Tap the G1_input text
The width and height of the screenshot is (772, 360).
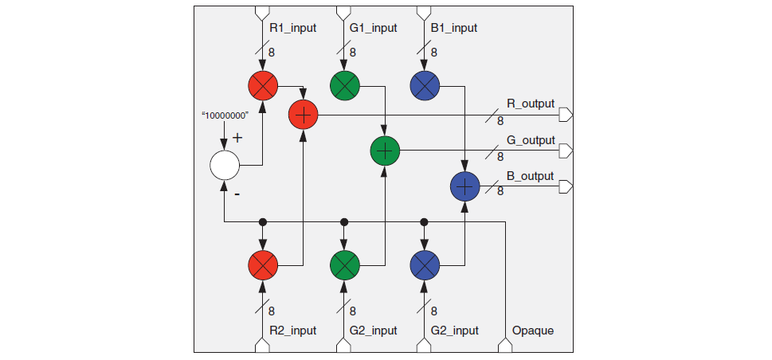(373, 28)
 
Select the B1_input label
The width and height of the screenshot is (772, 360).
(453, 28)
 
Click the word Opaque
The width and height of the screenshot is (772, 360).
(533, 331)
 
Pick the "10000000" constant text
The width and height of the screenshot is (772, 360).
(225, 115)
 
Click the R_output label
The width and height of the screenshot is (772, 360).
(530, 104)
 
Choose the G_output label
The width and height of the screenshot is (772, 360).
(530, 140)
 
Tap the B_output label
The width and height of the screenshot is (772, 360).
(530, 176)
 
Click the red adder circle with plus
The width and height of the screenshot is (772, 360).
(303, 115)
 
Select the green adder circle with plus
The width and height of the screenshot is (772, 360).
(385, 151)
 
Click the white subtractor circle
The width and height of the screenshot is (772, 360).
(224, 166)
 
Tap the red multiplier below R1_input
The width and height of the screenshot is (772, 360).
(262, 84)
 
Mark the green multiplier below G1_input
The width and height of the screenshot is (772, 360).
(344, 84)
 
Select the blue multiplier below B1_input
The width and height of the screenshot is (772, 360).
(425, 84)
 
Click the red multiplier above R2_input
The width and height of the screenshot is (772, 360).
(262, 263)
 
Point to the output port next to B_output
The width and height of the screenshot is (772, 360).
(566, 187)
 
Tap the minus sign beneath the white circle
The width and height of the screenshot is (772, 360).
(237, 194)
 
